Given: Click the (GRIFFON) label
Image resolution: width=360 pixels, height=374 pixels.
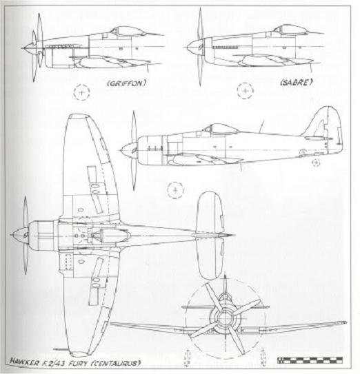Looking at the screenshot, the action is pyautogui.click(x=127, y=83).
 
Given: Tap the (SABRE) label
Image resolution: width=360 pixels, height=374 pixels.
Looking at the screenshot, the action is pyautogui.click(x=297, y=83).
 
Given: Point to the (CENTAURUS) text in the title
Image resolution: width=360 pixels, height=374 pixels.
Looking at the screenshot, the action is pyautogui.click(x=116, y=363).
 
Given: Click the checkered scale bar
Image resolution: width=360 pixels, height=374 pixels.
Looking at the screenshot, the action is pyautogui.click(x=310, y=360).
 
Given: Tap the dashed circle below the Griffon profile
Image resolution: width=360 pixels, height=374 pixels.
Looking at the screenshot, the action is pyautogui.click(x=81, y=92).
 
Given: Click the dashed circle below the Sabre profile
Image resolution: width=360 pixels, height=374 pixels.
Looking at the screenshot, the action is pyautogui.click(x=246, y=91).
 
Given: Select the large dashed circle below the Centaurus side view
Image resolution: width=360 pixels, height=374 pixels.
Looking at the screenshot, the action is pyautogui.click(x=176, y=190).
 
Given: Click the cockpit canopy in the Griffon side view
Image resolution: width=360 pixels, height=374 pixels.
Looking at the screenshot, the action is pyautogui.click(x=128, y=32).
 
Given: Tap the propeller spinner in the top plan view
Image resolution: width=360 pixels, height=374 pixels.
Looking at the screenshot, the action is pyautogui.click(x=19, y=235).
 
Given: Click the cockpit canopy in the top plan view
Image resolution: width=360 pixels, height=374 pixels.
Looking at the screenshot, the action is pyautogui.click(x=110, y=236).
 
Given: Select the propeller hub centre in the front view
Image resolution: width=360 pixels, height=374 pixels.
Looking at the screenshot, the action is pyautogui.click(x=224, y=318).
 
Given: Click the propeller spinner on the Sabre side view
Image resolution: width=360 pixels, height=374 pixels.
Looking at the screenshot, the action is pyautogui.click(x=194, y=47).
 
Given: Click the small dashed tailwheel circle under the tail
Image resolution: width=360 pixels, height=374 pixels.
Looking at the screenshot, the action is pyautogui.click(x=316, y=163).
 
